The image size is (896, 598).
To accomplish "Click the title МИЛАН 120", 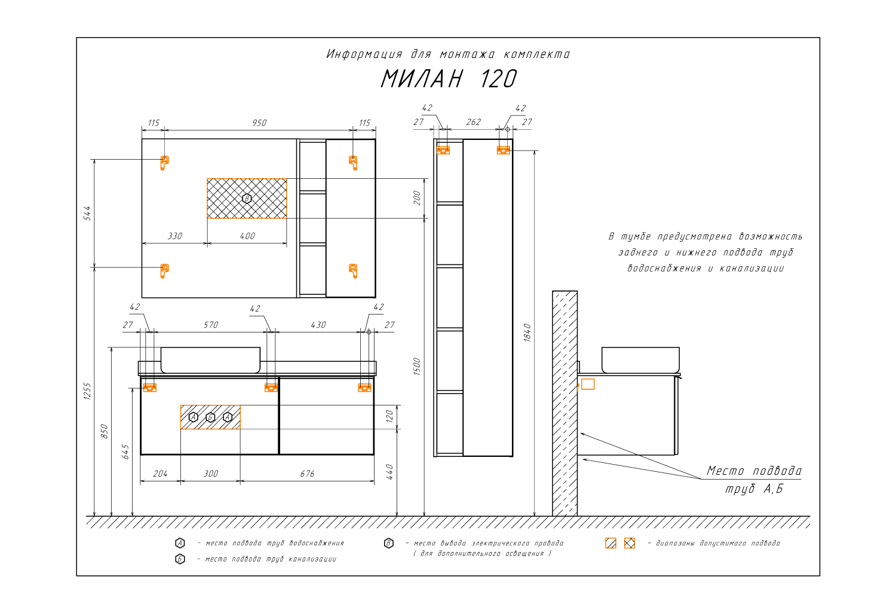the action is click(x=449, y=78).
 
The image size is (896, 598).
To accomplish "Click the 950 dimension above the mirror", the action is click(x=259, y=123).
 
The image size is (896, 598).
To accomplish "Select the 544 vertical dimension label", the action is click(x=87, y=213).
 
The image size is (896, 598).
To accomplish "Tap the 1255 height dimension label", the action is click(x=87, y=391).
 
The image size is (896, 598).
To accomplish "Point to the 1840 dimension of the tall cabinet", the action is click(x=527, y=332).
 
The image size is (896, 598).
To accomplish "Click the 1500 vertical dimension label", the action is click(x=417, y=367).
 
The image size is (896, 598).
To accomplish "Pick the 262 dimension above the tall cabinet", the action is click(x=473, y=122).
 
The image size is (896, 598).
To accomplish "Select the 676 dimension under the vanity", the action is click(x=307, y=474).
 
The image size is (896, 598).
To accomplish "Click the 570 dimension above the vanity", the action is click(x=211, y=325).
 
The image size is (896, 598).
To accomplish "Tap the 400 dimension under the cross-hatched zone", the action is click(x=247, y=236).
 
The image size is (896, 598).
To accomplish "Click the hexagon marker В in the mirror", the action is click(x=247, y=199).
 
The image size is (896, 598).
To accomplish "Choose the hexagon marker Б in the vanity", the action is click(x=210, y=418).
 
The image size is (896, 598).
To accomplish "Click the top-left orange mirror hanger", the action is click(x=164, y=163).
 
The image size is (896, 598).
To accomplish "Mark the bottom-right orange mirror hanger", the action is click(x=353, y=271).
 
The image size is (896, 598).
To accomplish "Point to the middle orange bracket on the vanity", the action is click(x=271, y=388).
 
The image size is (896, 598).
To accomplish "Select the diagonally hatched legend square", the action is click(x=610, y=543).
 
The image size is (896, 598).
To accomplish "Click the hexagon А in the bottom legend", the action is click(x=180, y=543).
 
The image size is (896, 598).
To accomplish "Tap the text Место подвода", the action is click(x=754, y=471).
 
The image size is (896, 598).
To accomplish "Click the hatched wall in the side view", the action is click(x=564, y=403).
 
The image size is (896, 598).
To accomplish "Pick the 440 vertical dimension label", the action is click(x=390, y=472).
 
